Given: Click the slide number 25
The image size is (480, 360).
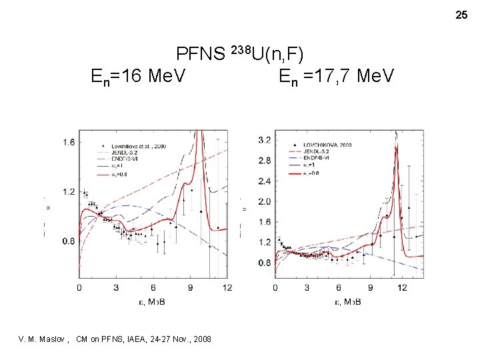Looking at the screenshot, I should [461, 14].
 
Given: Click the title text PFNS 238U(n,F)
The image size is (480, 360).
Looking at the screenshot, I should [240, 54].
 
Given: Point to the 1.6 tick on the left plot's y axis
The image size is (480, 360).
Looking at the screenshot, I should [69, 142].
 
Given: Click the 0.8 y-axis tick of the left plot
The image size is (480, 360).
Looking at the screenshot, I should [69, 242].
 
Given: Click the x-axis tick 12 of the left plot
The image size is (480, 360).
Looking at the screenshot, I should [227, 288].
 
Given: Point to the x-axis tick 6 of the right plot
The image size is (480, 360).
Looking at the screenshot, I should [339, 288].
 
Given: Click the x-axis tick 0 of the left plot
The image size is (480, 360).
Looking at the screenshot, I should [80, 288].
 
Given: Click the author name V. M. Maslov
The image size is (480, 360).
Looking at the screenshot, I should [43, 339].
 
